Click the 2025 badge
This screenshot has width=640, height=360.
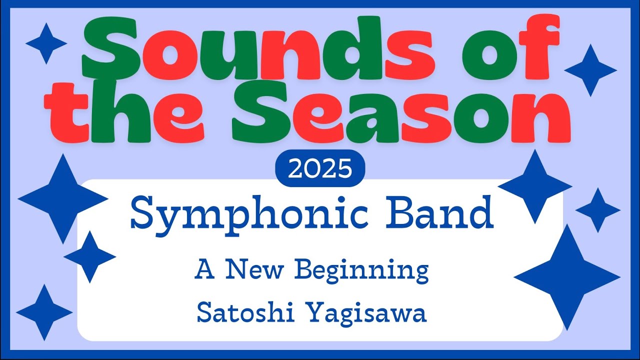pos(320,168)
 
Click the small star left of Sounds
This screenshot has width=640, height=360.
pos(46,43)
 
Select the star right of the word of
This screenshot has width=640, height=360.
pos(590,70)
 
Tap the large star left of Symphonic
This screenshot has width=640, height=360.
pos(63,198)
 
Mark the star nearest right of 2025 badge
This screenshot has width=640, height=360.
pos(535,186)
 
